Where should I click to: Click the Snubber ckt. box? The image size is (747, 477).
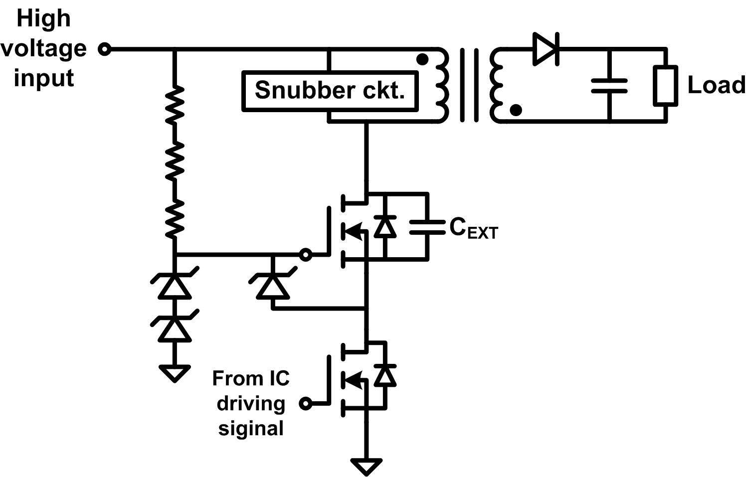(x=330, y=91)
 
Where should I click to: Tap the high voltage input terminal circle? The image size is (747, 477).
(x=104, y=49)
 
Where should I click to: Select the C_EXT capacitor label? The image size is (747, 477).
(x=473, y=229)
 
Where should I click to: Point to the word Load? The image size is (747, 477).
(x=716, y=85)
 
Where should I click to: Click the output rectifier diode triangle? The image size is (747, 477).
(x=546, y=49)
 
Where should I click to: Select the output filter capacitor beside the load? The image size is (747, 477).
(x=609, y=85)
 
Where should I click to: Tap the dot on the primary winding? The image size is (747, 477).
(x=422, y=60)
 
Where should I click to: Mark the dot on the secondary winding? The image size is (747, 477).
(x=516, y=110)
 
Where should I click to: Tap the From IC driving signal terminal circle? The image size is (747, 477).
(x=306, y=403)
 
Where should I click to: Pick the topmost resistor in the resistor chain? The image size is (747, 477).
(x=175, y=105)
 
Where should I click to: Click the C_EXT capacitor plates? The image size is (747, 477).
(x=427, y=227)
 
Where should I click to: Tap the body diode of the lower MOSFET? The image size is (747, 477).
(x=384, y=376)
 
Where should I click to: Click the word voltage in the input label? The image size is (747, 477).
(x=44, y=49)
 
